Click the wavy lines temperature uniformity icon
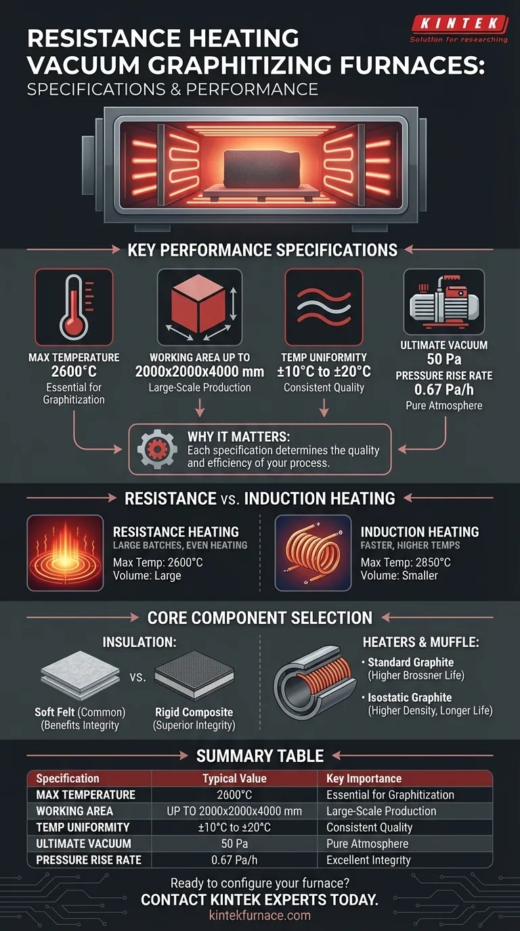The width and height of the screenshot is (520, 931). (x=324, y=307)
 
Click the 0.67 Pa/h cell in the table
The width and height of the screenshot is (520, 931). (x=235, y=860)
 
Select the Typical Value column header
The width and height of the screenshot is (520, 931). (x=235, y=778)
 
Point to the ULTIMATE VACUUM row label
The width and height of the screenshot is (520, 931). (x=83, y=844)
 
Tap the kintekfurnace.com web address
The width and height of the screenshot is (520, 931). (x=259, y=915)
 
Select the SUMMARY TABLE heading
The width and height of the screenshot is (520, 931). (x=259, y=756)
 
